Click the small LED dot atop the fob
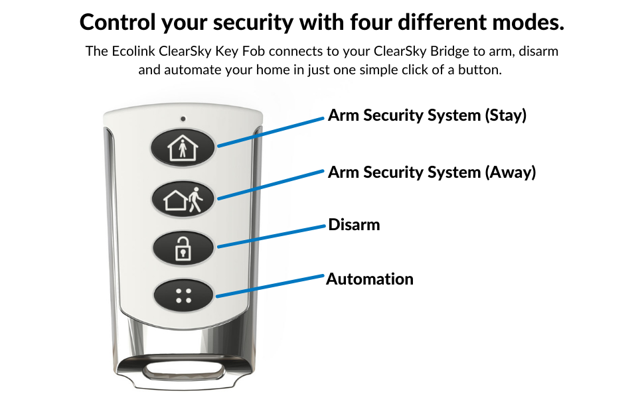click(x=183, y=119)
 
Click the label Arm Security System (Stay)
click(x=427, y=115)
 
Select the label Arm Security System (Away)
click(x=432, y=172)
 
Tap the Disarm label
click(x=354, y=225)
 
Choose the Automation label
click(x=370, y=279)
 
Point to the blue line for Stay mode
click(x=272, y=131)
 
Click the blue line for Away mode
click(x=272, y=184)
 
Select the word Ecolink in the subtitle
click(x=132, y=52)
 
